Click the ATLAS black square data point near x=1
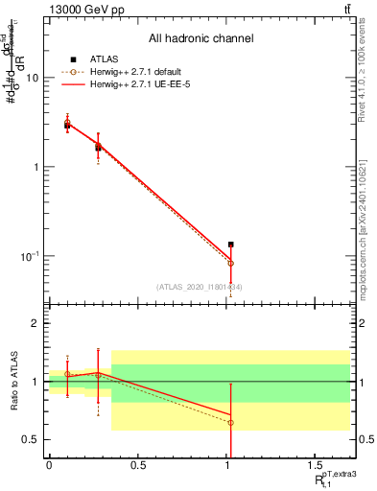[x=230, y=245]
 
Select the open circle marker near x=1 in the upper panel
[x=230, y=263]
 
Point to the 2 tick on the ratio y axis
[x=37, y=323]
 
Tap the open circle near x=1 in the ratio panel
[x=230, y=422]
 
